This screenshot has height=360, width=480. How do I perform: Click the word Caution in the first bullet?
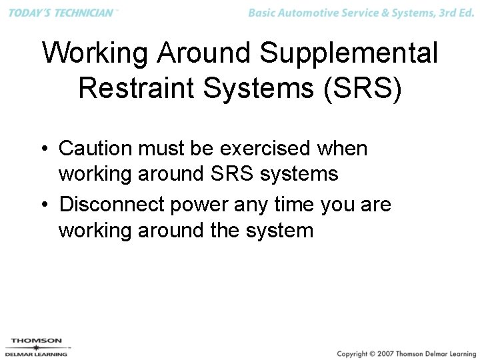coord(96,148)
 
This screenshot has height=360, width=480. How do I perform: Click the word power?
coord(198,204)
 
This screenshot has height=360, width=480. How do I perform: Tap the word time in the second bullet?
coord(291,204)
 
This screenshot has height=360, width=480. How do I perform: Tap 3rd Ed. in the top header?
coord(455,13)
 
